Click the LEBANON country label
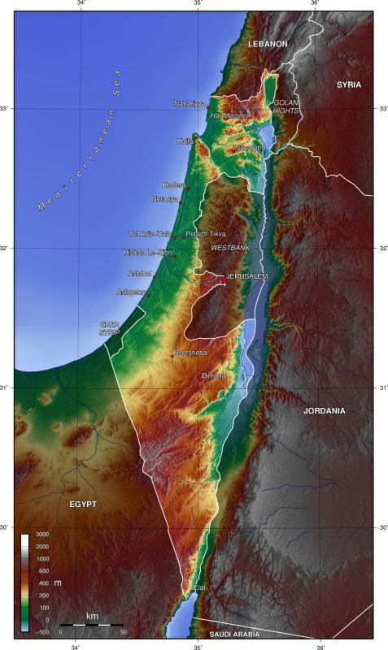[268, 43]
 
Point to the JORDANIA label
[325, 411]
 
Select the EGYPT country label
[83, 505]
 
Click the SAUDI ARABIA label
[233, 634]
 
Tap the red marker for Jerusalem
[224, 281]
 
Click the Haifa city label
[185, 141]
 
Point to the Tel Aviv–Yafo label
[150, 234]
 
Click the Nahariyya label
[190, 104]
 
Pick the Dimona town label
[213, 376]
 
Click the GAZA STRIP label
[109, 328]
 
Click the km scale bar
[92, 625]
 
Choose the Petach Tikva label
[206, 234]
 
